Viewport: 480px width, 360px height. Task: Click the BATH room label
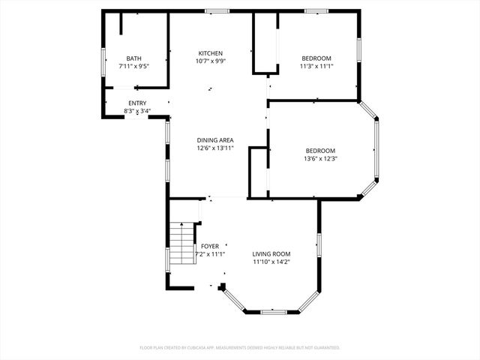coord(133,58)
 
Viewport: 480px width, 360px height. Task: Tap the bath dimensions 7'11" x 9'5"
coord(133,67)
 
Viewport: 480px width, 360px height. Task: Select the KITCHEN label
coord(210,52)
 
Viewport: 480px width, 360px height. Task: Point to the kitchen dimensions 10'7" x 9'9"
coord(210,61)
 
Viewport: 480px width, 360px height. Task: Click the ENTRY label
coord(137,103)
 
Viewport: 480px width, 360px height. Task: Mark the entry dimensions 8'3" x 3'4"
coord(137,112)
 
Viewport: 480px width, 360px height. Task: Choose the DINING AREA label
coord(215,140)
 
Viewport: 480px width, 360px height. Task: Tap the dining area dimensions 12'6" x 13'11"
coord(215,148)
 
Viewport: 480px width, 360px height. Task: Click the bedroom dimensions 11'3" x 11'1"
coord(316,67)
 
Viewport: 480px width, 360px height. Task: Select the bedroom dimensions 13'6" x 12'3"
coord(319,158)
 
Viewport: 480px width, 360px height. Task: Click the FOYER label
coord(210,246)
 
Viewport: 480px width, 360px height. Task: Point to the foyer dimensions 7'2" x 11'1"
coord(210,254)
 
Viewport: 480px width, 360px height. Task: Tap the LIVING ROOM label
coord(271,254)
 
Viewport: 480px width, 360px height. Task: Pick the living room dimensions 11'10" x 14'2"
coord(271,262)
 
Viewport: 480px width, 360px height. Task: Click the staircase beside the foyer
coord(181,244)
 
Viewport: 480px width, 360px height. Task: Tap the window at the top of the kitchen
coord(217,10)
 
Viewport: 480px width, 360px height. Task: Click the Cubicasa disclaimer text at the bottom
coord(240,348)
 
